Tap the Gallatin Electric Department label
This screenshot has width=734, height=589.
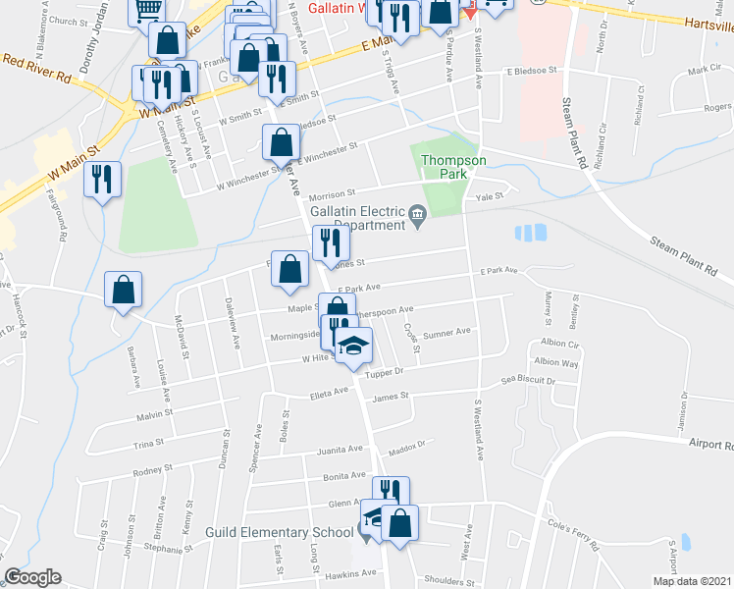(357, 218)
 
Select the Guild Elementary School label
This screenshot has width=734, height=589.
(280, 532)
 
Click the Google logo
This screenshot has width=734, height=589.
(32, 577)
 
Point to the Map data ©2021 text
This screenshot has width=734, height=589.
(692, 581)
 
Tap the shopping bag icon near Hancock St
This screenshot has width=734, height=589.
(124, 290)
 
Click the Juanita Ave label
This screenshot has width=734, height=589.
(341, 451)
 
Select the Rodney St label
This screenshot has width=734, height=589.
(152, 470)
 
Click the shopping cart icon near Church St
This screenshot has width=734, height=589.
(146, 11)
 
